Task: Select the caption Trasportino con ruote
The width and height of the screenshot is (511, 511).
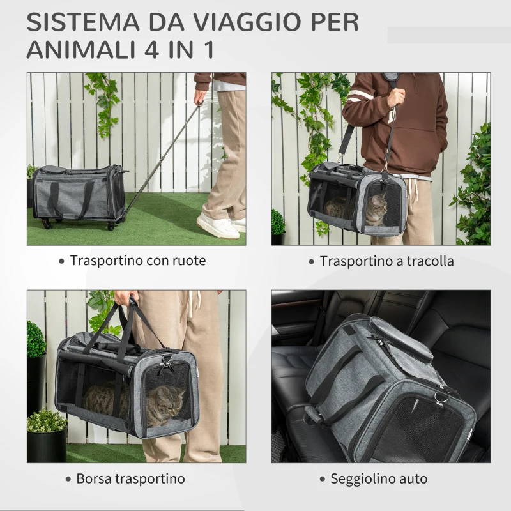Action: click(138, 261)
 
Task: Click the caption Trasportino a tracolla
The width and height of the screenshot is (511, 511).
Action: click(387, 261)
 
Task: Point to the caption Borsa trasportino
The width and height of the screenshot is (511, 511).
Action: click(130, 478)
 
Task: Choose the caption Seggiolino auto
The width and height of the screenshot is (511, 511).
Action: click(379, 478)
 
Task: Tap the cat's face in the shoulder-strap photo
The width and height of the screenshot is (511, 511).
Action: click(377, 209)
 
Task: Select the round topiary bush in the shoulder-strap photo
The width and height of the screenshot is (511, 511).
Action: click(278, 222)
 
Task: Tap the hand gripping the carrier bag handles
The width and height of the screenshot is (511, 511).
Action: click(124, 300)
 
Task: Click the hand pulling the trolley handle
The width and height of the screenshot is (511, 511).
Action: click(201, 98)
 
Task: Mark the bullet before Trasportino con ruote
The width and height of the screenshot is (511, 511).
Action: click(61, 261)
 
